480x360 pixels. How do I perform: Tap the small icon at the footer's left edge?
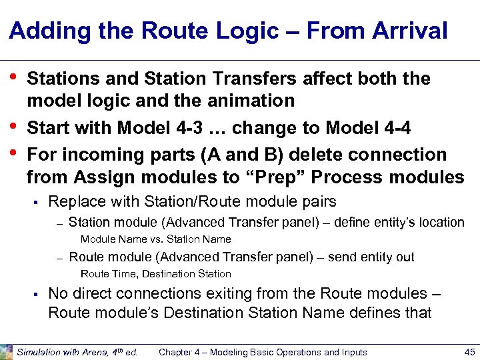6,351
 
